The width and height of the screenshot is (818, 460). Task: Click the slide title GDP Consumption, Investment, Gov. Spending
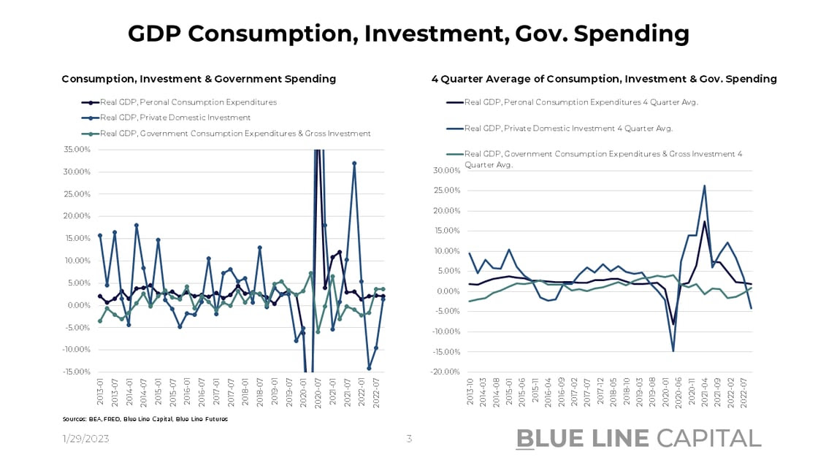point(408,34)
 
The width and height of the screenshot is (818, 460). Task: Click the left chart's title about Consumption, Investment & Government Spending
point(199,79)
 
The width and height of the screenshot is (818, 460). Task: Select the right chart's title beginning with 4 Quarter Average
point(604,79)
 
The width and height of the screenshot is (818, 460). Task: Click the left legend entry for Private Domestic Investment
point(175,118)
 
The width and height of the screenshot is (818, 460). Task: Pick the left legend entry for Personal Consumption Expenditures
point(188,102)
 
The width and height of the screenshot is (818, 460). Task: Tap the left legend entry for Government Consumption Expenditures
point(235,134)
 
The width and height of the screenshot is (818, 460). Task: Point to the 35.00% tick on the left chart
point(76,150)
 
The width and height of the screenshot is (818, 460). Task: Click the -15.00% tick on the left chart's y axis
point(76,372)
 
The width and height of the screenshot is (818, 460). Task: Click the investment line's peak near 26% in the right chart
point(704,185)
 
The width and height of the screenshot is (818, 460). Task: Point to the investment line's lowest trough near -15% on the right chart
point(673,351)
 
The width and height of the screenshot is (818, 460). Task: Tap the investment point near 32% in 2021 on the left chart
point(354,164)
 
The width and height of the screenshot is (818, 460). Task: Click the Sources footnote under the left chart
point(145,419)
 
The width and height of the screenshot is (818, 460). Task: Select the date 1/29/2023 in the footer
point(85,438)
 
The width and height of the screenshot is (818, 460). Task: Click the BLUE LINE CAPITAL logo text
point(638,438)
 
